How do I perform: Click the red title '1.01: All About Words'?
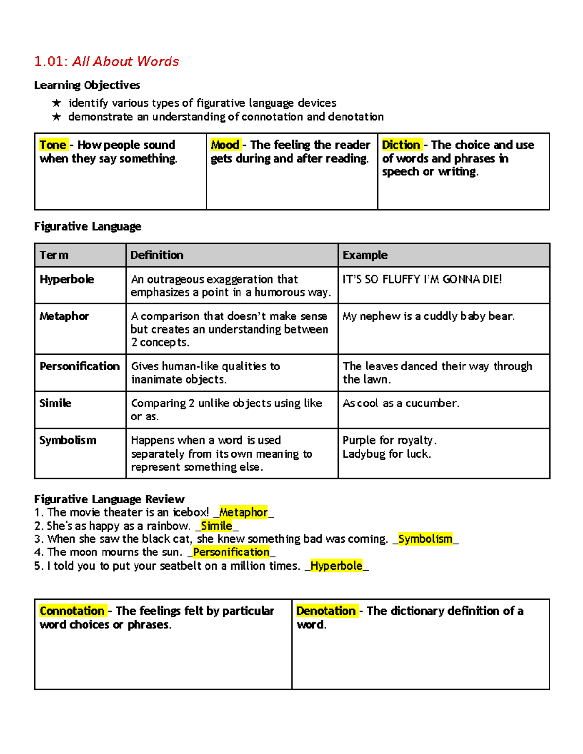point(106,61)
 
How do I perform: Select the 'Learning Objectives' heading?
point(87,85)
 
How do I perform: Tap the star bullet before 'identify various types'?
point(57,103)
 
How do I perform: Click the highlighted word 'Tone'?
point(53,145)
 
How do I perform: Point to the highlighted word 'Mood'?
point(225,145)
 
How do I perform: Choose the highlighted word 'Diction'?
point(401,145)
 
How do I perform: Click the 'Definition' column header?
point(157,255)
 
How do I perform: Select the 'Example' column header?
point(365,255)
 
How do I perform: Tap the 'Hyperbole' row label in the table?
point(67,279)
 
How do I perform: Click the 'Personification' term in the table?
point(80,366)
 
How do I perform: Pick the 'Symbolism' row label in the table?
point(68,440)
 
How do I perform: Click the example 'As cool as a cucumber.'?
point(401,403)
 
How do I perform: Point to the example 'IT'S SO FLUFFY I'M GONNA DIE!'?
point(422,279)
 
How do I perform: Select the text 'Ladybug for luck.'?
point(387,454)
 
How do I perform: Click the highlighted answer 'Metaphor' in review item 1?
point(243,512)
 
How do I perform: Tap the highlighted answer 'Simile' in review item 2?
point(217,526)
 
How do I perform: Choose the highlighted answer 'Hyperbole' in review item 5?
point(337,566)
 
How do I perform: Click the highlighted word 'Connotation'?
point(72,611)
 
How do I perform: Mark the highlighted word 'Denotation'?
point(326,611)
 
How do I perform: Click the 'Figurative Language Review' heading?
point(109,499)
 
